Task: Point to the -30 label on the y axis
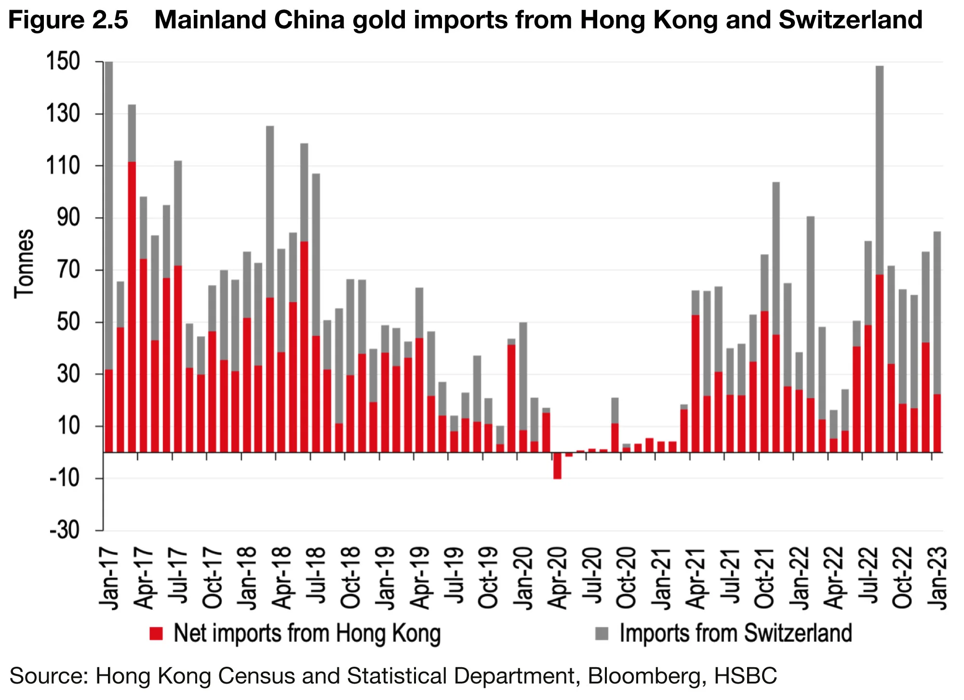tap(65, 530)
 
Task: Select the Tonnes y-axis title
tap(24, 264)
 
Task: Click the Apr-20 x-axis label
tap(558, 579)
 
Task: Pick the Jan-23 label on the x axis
tap(938, 579)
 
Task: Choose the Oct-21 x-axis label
tap(765, 579)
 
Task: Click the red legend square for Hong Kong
tap(156, 633)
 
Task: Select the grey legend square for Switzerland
tap(602, 633)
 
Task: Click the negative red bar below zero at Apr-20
tap(558, 466)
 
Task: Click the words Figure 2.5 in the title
tap(68, 20)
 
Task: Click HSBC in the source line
tap(746, 675)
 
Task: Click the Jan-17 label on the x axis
tap(109, 579)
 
